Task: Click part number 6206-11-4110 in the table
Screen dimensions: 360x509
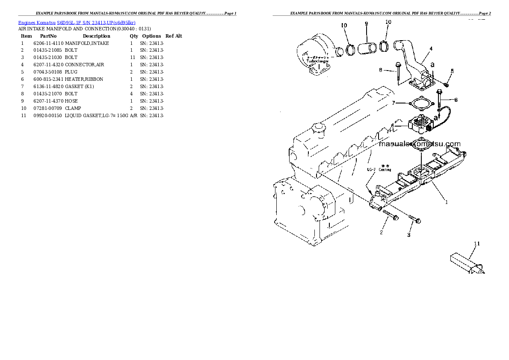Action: (48, 43)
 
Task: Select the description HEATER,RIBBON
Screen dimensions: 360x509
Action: (84, 79)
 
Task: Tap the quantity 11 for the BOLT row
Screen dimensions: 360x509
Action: (132, 57)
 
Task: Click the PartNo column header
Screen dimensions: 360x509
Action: (48, 36)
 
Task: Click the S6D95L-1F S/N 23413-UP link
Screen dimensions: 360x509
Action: (96, 22)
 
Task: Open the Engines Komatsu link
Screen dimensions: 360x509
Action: (37, 22)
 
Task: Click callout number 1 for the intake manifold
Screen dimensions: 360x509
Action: (446, 202)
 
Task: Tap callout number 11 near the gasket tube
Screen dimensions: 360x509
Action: (477, 244)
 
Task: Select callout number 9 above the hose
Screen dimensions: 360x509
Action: (366, 24)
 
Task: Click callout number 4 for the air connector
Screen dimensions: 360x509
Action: (431, 49)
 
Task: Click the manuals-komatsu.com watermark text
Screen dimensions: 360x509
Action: (420, 144)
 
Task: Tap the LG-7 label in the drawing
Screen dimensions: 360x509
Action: (371, 169)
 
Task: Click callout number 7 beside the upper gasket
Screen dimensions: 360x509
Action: (393, 103)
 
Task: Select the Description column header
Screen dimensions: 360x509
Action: (96, 36)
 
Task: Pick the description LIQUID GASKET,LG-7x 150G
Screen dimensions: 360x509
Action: (97, 115)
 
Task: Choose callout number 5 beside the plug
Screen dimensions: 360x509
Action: (452, 71)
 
